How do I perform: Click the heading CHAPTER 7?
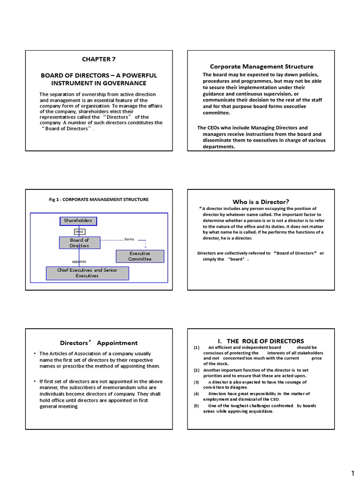click(98, 59)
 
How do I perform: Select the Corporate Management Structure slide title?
click(262, 67)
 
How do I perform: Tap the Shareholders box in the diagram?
click(78, 221)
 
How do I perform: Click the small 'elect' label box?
click(79, 232)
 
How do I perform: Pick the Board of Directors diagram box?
click(79, 243)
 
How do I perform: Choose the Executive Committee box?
click(140, 256)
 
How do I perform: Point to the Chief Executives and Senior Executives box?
click(87, 273)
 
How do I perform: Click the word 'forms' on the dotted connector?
click(129, 239)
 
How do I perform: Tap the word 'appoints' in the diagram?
click(79, 262)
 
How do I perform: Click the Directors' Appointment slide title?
click(99, 343)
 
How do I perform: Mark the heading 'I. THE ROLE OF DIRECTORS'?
click(261, 341)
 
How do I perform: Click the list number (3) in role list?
click(196, 382)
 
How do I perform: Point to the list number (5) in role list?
click(196, 405)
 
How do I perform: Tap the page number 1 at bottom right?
click(352, 472)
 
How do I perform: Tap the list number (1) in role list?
click(196, 347)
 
